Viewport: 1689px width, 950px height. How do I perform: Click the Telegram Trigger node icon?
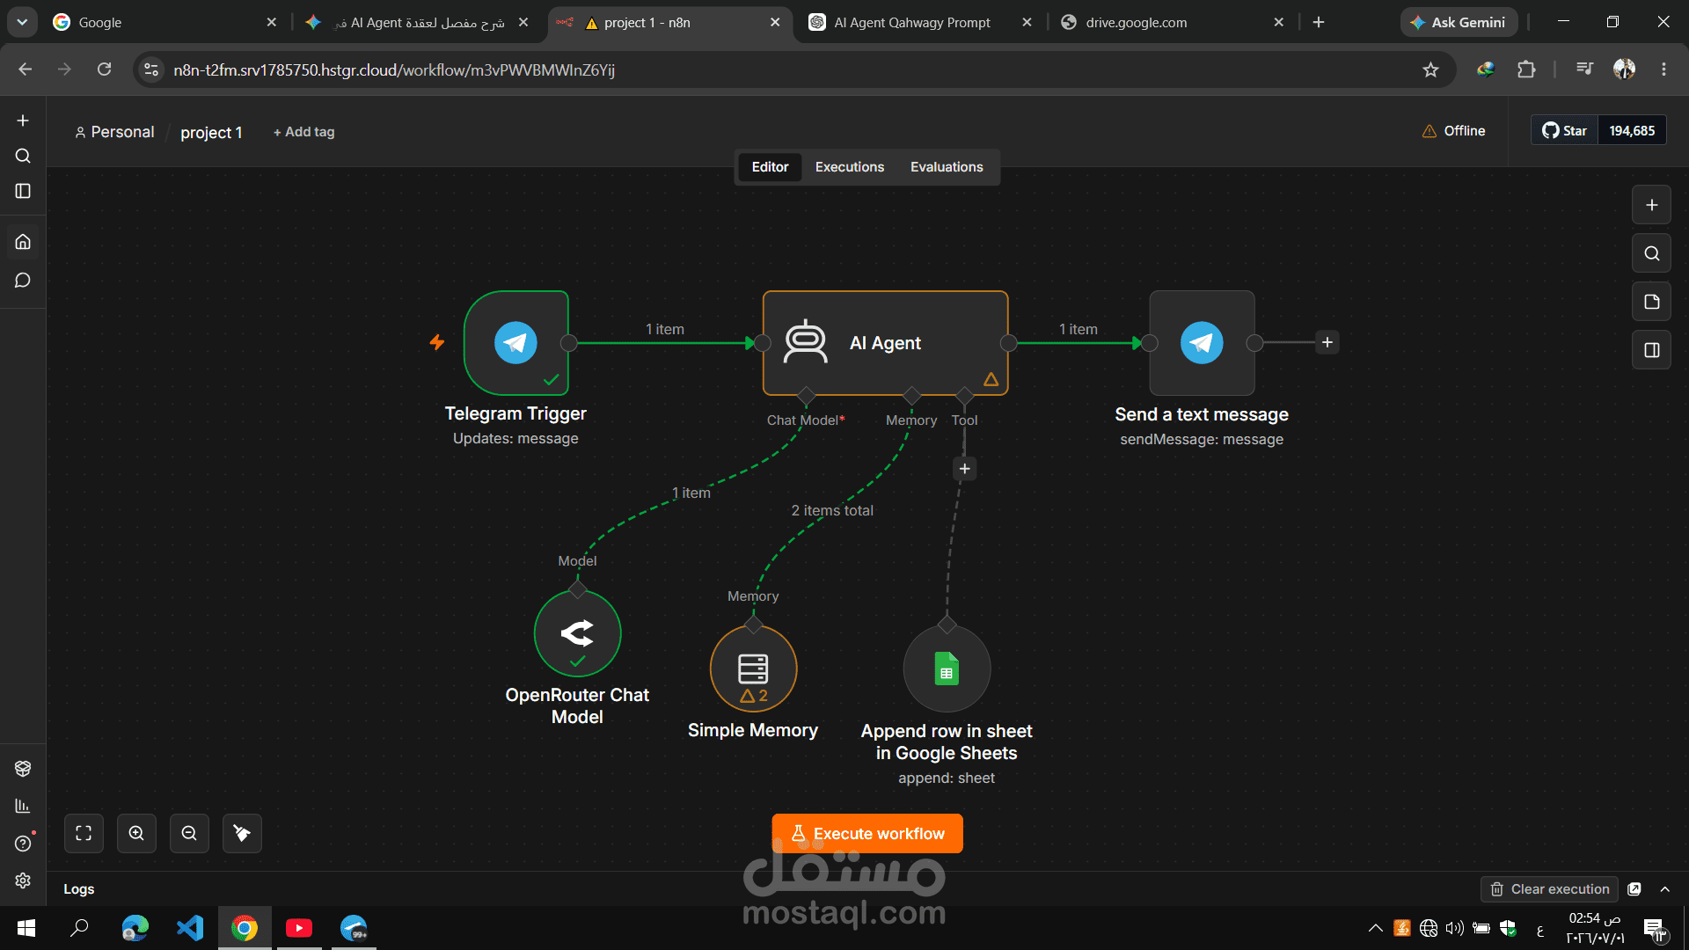515,343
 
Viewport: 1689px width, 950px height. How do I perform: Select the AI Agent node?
885,343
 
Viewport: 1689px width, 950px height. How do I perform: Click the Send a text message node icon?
1202,343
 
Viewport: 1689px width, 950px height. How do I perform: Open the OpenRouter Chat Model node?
577,633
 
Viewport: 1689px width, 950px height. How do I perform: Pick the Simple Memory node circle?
753,669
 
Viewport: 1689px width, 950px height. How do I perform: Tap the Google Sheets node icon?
947,669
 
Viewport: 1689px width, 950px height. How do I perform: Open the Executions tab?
849,167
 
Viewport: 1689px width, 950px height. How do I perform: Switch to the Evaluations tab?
947,167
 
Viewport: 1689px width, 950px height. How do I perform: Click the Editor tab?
770,167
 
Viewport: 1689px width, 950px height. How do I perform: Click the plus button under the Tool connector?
965,469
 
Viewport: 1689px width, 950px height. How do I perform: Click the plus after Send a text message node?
1327,342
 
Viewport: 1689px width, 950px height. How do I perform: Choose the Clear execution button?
1550,889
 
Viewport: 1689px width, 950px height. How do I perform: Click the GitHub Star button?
1564,130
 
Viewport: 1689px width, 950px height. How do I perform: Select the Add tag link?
303,132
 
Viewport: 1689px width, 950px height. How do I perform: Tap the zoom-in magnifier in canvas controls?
136,833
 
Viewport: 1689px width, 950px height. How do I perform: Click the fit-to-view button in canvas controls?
84,833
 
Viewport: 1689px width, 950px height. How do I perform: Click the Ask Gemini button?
1459,22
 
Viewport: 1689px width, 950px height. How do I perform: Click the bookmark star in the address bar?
1430,69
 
